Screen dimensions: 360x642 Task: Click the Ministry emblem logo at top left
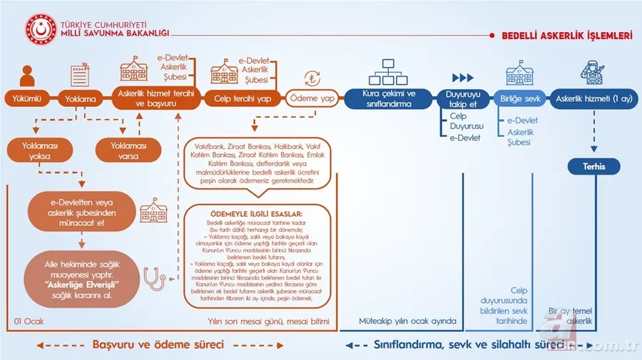coord(41,26)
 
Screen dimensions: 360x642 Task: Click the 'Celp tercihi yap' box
coord(242,98)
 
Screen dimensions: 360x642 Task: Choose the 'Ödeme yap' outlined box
coord(312,98)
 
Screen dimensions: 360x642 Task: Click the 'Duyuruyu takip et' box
coord(462,98)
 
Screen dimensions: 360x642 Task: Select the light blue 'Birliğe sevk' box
coord(519,98)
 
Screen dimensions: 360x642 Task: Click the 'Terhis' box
coord(593,167)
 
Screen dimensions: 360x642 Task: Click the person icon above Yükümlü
coord(26,73)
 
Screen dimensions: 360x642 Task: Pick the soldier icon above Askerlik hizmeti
coord(593,71)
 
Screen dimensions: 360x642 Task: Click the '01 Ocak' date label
coord(29,322)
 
